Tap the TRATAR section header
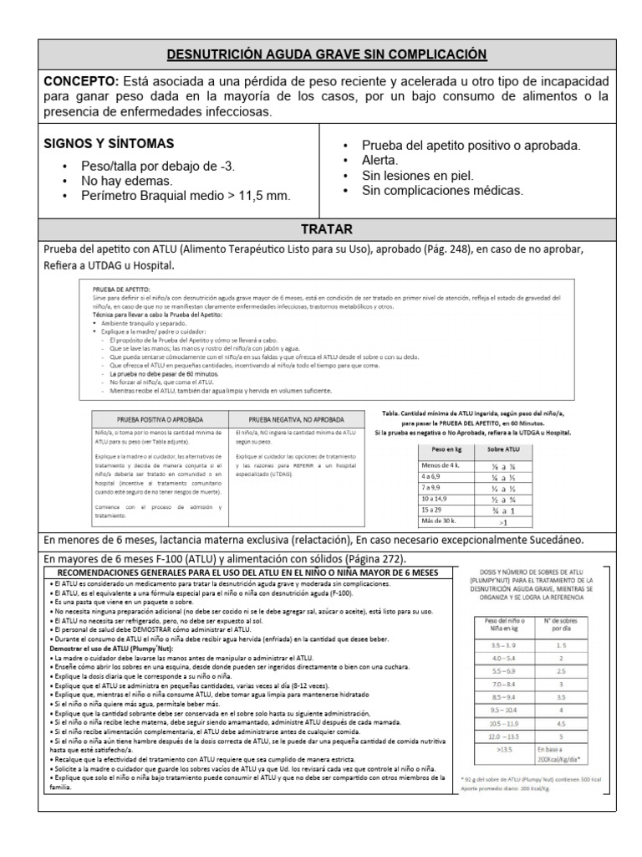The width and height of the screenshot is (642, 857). tap(327, 228)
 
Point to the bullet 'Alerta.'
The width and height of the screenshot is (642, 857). tap(380, 160)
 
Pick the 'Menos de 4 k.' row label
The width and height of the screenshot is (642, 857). tap(441, 465)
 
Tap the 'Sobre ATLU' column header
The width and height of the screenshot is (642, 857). tap(502, 450)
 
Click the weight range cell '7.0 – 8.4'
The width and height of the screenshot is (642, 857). tap(498, 684)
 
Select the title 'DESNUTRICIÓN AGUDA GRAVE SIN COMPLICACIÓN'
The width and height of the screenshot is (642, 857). tap(327, 54)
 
